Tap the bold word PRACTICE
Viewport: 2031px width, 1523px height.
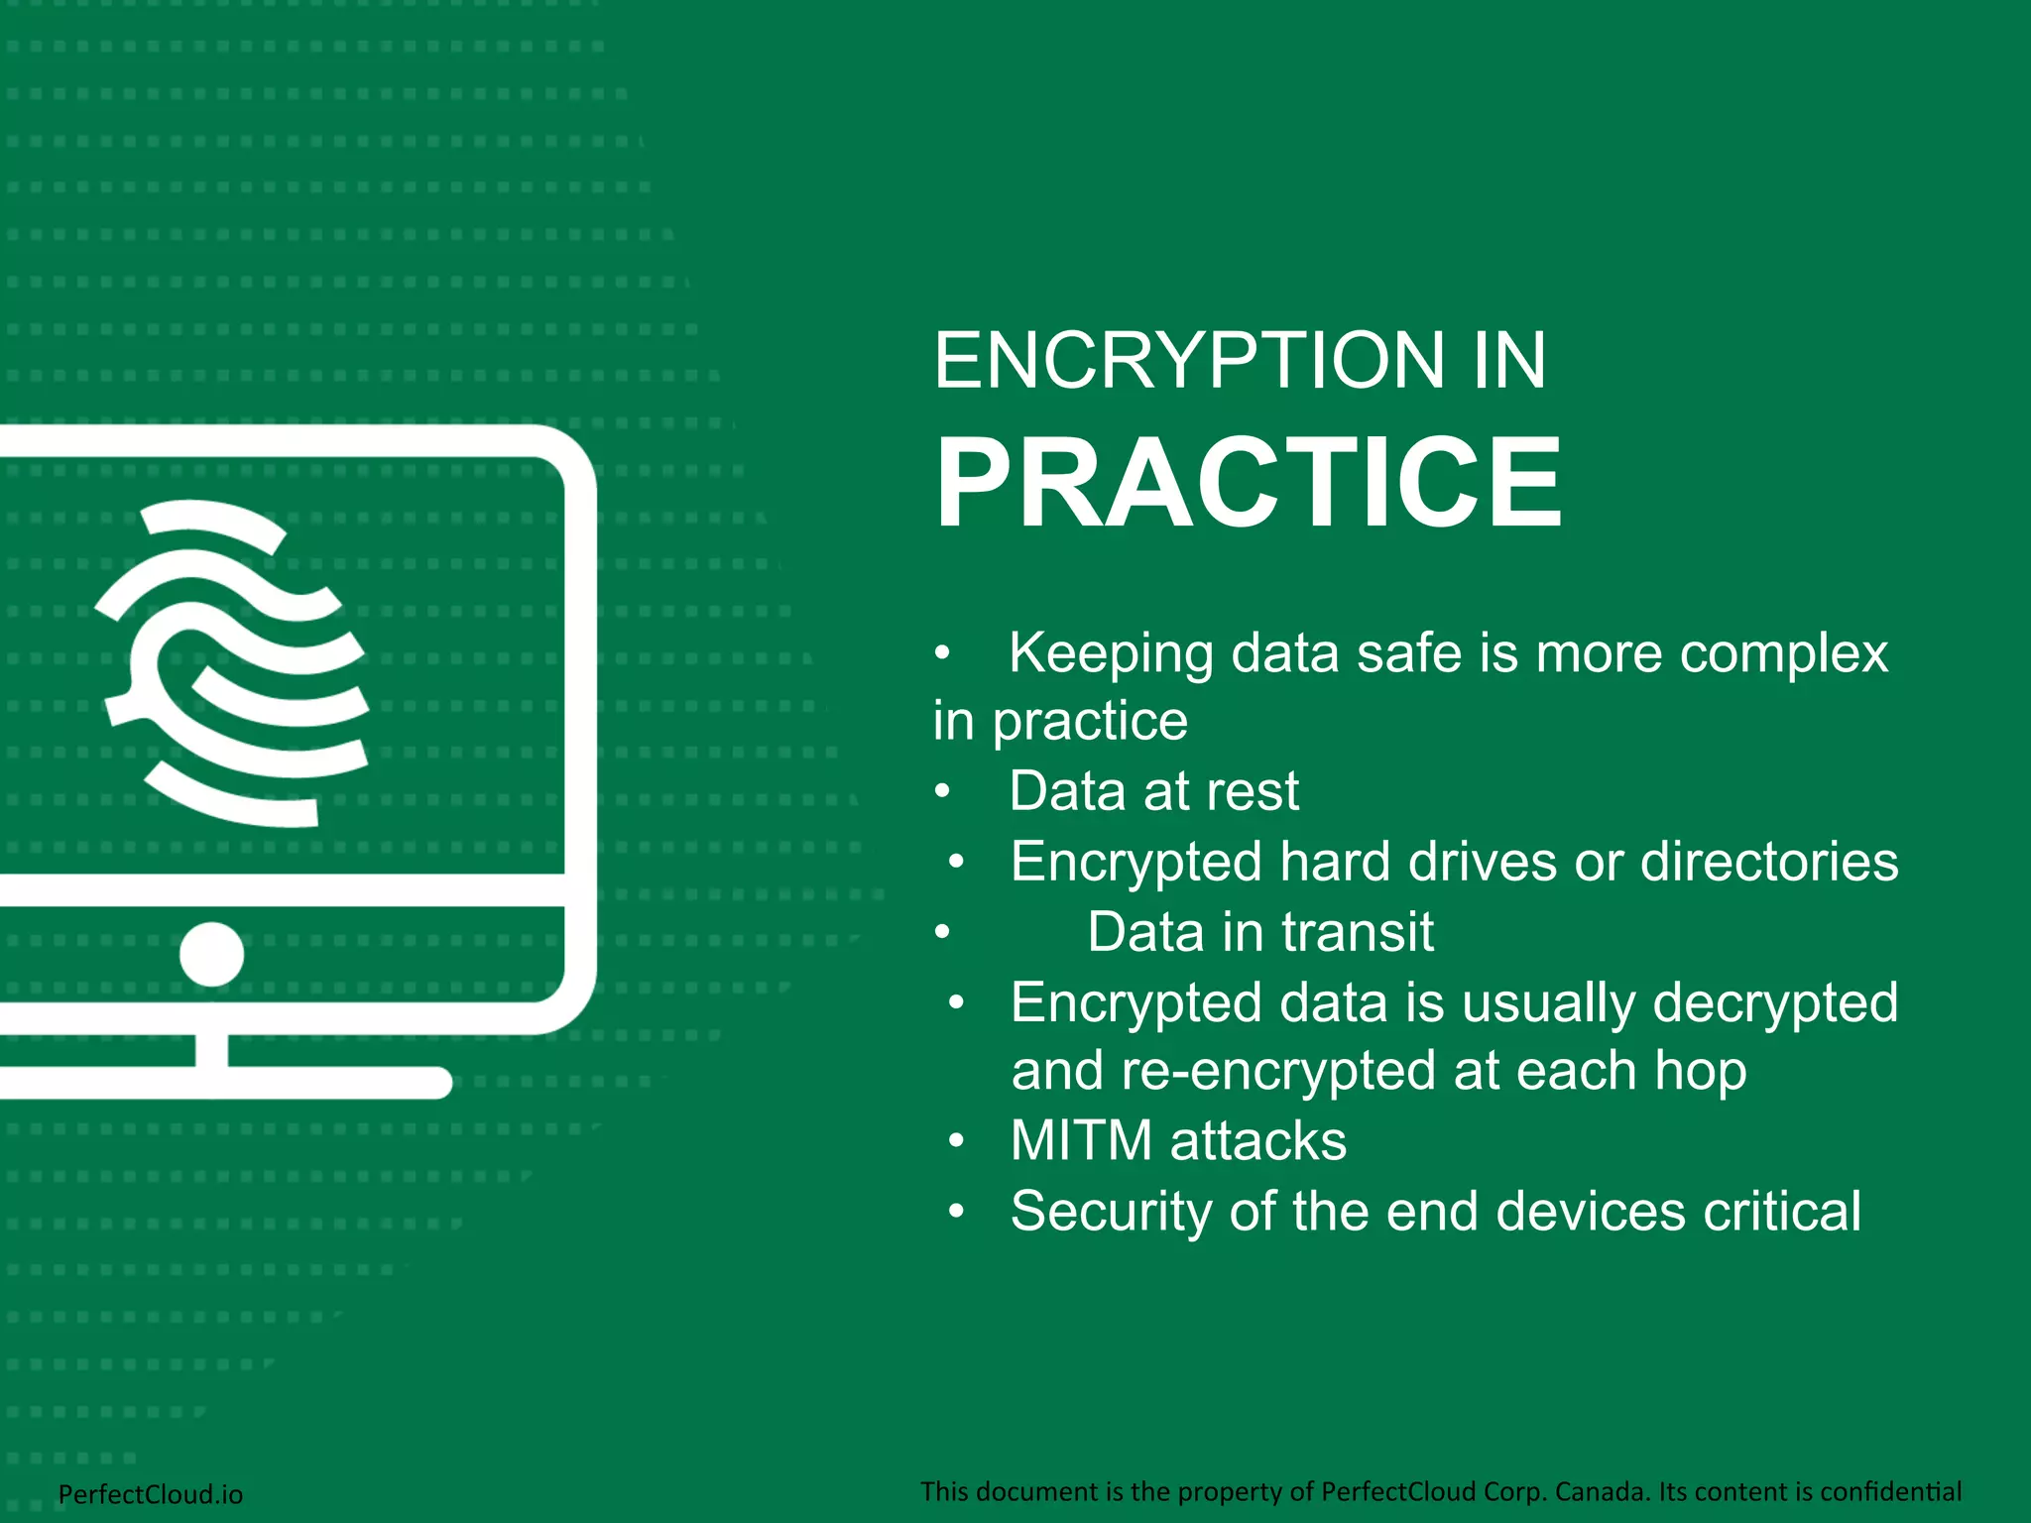coord(1248,483)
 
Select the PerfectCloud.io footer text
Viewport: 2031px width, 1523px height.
coord(151,1494)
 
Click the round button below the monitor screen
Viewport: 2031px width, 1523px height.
coord(211,954)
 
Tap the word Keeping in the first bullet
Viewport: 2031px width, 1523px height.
coord(1111,653)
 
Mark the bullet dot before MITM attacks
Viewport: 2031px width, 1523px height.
coord(956,1141)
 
